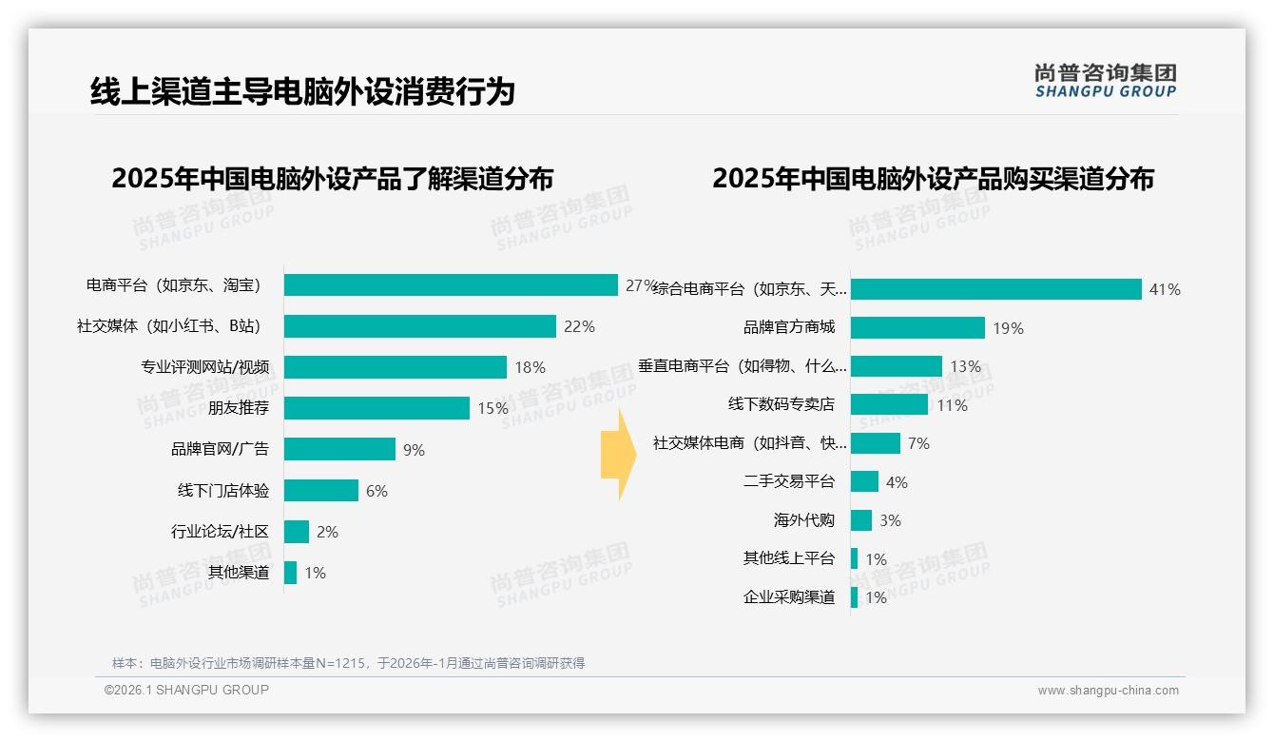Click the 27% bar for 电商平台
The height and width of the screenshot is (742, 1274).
pyautogui.click(x=451, y=285)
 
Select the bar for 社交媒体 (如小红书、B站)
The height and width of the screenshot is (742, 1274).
pyautogui.click(x=419, y=326)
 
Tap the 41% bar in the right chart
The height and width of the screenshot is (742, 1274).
pyautogui.click(x=995, y=289)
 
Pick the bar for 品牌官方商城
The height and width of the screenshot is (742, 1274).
pyautogui.click(x=917, y=328)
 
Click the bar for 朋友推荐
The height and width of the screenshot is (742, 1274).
pyautogui.click(x=376, y=408)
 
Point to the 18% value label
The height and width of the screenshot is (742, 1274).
pyautogui.click(x=531, y=367)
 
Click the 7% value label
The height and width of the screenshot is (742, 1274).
pyautogui.click(x=918, y=443)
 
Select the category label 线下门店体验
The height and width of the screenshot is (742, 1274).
pyautogui.click(x=223, y=491)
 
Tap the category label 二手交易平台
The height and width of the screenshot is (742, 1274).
pyautogui.click(x=789, y=481)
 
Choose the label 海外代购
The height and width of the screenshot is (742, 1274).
pyautogui.click(x=804, y=520)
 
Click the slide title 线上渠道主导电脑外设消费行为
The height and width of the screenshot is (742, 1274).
pyautogui.click(x=302, y=91)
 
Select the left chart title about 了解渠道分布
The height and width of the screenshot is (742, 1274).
pyautogui.click(x=332, y=179)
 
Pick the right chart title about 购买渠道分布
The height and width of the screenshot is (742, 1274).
pyautogui.click(x=933, y=179)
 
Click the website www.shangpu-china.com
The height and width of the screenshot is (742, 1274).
pyautogui.click(x=1108, y=691)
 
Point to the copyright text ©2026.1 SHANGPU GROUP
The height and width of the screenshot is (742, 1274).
pyautogui.click(x=186, y=690)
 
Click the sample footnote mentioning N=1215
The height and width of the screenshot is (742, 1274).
pyautogui.click(x=348, y=663)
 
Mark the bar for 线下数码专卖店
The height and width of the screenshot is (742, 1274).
pyautogui.click(x=889, y=405)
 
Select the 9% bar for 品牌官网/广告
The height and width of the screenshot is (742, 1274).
pyautogui.click(x=339, y=449)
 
